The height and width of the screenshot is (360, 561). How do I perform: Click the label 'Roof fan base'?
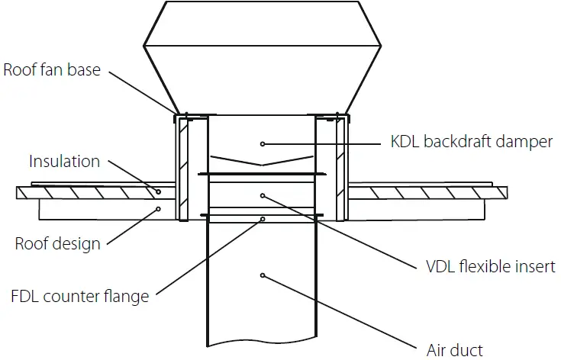click(x=51, y=70)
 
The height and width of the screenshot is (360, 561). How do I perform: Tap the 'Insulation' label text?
click(x=64, y=162)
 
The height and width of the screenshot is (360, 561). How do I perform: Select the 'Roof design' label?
click(x=57, y=244)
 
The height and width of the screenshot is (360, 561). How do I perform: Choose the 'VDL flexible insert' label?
click(x=490, y=267)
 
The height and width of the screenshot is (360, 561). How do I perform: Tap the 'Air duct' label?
click(x=456, y=350)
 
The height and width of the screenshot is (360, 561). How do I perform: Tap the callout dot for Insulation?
click(x=158, y=191)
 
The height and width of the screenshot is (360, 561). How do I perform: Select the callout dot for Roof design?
click(x=158, y=207)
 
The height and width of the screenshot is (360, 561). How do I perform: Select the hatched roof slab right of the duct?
click(x=427, y=193)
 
